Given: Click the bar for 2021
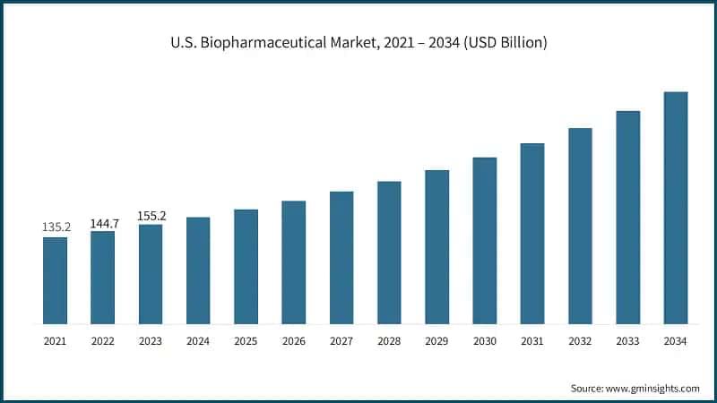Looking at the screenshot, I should (x=55, y=280).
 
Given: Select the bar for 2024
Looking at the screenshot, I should (x=198, y=270).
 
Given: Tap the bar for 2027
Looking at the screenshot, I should (x=341, y=258).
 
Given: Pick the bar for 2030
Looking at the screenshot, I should (x=485, y=241).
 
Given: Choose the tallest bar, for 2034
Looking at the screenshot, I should (x=676, y=208).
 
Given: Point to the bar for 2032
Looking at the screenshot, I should (x=580, y=226).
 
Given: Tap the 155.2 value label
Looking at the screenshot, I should (x=151, y=215).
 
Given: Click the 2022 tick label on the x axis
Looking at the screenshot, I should (x=102, y=341).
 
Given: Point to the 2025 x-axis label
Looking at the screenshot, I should (x=246, y=341).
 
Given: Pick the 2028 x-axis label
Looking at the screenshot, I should (x=389, y=341).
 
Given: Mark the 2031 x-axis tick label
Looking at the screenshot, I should (x=532, y=341).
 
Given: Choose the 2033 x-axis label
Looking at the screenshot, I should (x=628, y=341).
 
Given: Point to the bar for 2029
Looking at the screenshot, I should (x=436, y=247).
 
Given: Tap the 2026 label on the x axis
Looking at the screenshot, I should (x=293, y=341).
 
